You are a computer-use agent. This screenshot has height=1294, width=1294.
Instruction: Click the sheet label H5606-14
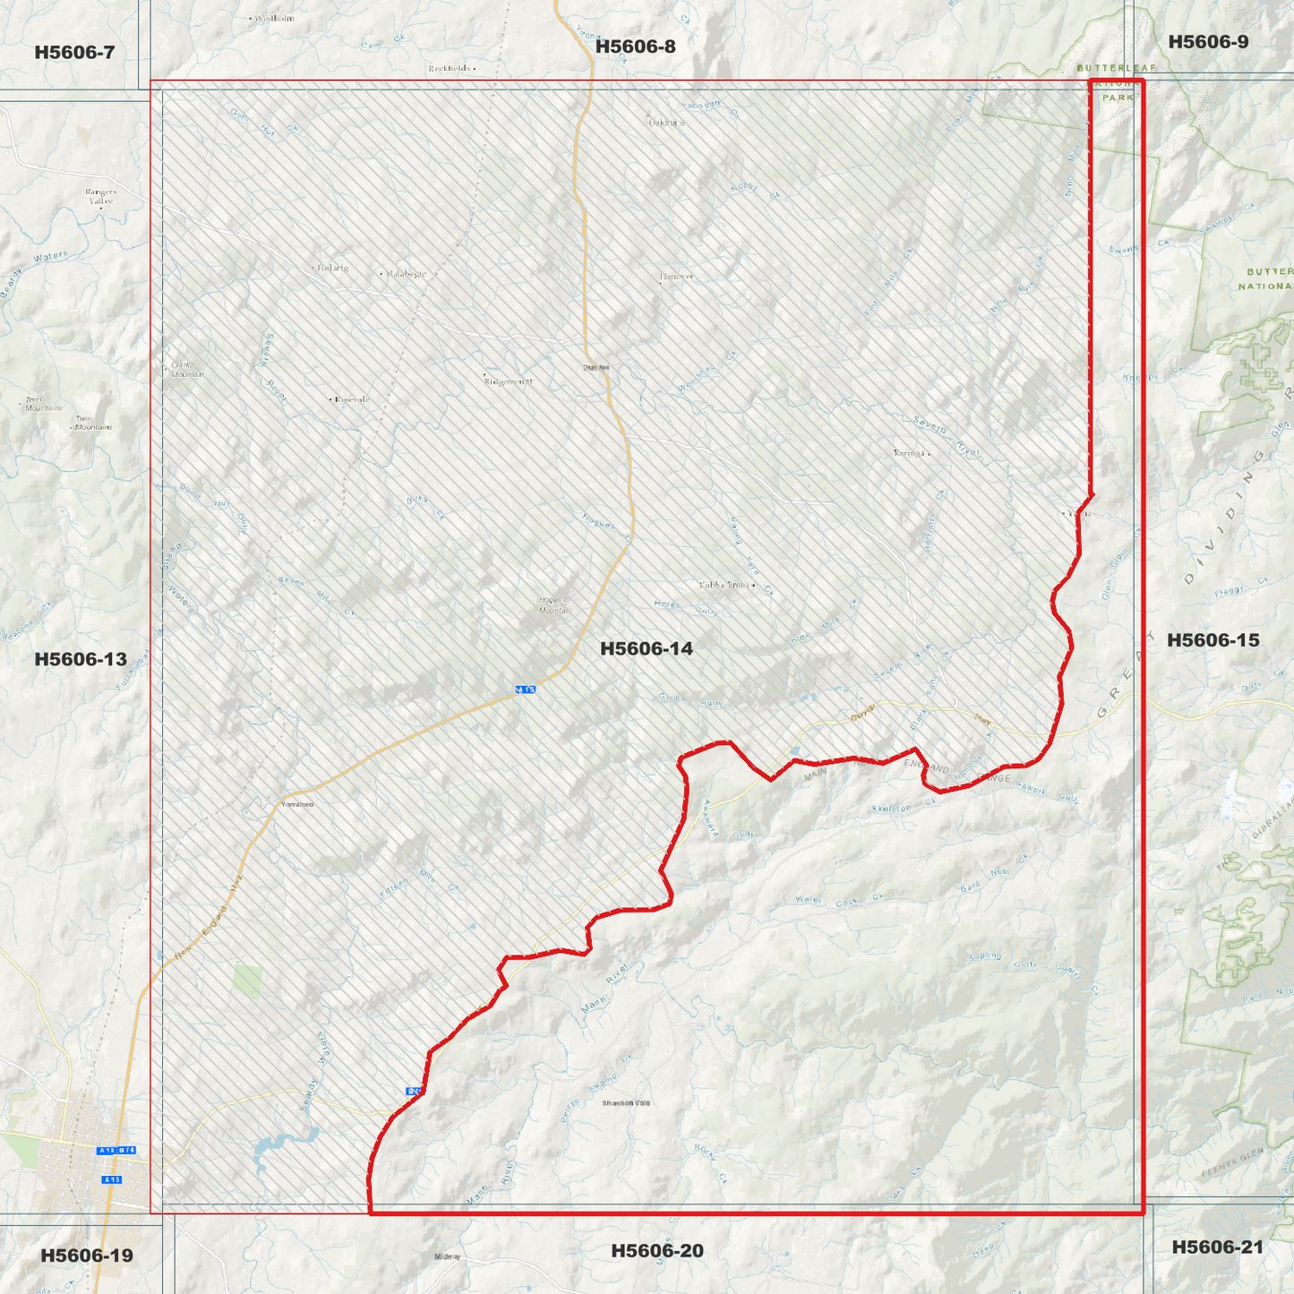click(x=646, y=648)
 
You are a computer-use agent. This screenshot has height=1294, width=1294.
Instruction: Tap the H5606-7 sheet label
click(x=74, y=52)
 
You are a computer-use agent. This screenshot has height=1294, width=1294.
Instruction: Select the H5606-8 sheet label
click(x=635, y=47)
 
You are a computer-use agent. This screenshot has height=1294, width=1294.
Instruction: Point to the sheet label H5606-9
click(x=1208, y=42)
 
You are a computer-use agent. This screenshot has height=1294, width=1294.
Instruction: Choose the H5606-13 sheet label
click(x=81, y=660)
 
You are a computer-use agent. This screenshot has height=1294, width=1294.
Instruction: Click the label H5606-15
click(x=1213, y=640)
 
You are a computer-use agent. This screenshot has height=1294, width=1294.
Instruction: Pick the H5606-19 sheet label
click(x=87, y=1255)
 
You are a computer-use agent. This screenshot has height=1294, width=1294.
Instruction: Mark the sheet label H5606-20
click(x=657, y=1251)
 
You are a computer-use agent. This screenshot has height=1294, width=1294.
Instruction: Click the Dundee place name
click(x=596, y=367)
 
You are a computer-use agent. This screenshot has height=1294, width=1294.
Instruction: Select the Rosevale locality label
click(x=352, y=399)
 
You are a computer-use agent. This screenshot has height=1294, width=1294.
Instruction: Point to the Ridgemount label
click(x=509, y=381)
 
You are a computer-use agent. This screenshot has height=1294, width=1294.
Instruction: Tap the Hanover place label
click(x=677, y=277)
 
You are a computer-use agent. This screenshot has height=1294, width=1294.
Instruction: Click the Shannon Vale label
click(x=626, y=1103)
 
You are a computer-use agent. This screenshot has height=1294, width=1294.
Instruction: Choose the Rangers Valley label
click(x=101, y=196)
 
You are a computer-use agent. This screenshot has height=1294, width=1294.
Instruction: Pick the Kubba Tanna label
click(x=724, y=585)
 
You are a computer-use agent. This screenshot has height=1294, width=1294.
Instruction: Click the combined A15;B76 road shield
click(x=116, y=1150)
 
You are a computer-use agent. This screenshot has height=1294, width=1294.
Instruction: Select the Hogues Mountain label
click(x=554, y=605)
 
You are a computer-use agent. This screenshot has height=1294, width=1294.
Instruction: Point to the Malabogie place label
click(x=406, y=274)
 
